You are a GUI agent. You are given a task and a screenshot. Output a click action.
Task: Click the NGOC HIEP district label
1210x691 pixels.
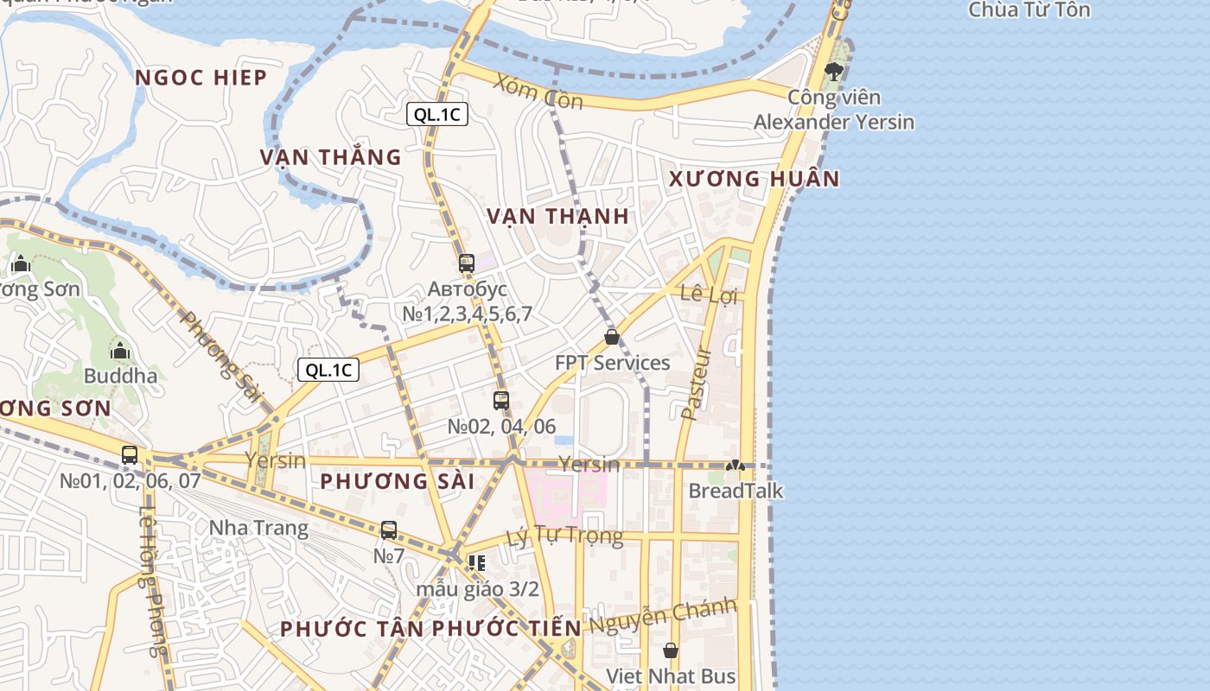(x=201, y=78)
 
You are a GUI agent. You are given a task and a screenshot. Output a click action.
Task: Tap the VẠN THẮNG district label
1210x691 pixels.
(x=331, y=157)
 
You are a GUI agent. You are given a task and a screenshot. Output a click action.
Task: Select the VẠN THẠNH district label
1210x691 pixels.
(x=558, y=216)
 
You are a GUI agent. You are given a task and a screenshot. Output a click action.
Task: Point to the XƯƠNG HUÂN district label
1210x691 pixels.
(x=754, y=179)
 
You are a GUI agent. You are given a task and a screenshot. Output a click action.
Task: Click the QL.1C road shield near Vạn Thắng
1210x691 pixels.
(x=437, y=114)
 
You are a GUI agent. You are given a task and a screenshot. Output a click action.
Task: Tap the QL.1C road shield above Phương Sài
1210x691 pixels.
(x=328, y=370)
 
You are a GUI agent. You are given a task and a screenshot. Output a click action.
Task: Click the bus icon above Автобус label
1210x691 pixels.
(x=467, y=263)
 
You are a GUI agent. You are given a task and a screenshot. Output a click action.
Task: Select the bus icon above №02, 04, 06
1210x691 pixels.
(x=501, y=400)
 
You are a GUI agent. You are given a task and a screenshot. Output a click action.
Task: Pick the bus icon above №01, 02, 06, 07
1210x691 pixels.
(x=130, y=454)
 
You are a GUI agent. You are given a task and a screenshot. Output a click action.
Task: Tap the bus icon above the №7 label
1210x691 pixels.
(x=389, y=530)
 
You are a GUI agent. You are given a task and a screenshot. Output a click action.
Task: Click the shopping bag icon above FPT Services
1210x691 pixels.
(x=612, y=337)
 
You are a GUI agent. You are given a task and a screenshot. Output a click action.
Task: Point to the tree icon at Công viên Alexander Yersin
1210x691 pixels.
(x=833, y=71)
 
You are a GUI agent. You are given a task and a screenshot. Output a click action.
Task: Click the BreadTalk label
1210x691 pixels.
(x=736, y=491)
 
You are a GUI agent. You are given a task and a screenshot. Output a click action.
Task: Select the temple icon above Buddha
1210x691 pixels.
(x=120, y=350)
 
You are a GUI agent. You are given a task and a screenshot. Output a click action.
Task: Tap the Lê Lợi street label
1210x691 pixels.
(x=709, y=295)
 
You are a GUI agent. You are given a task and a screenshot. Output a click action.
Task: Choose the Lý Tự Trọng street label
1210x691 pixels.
(x=564, y=536)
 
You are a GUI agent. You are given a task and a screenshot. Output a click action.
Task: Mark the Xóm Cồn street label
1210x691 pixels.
(x=539, y=92)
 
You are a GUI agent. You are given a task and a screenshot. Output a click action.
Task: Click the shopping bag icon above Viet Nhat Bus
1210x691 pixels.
(x=671, y=650)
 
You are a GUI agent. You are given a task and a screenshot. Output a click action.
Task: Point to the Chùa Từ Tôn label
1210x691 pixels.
(x=1028, y=10)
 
